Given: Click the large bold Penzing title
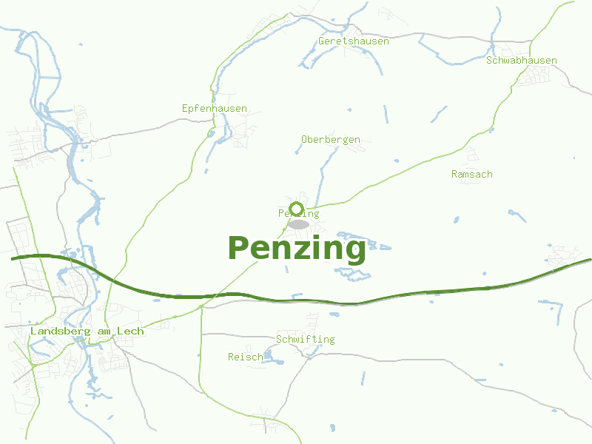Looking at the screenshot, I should (297, 248).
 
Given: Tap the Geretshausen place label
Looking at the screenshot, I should (354, 41).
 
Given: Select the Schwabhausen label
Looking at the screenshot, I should (522, 61).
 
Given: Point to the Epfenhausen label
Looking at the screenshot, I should (215, 109).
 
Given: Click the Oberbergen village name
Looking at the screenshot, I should (331, 139).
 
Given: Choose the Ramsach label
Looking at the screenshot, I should (471, 175).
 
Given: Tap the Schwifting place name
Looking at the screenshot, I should (305, 340).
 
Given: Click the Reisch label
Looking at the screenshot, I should (245, 357).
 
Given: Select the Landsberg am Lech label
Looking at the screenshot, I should (87, 332).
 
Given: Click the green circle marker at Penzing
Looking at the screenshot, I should (297, 208).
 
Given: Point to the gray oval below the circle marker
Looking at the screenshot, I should (298, 224).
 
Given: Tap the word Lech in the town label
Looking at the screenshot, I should (133, 332).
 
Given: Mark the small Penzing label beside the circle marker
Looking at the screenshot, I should (299, 214).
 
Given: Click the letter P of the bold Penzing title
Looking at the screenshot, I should (237, 248).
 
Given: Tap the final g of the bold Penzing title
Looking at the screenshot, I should (355, 250).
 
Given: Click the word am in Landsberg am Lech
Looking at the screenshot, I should (104, 332).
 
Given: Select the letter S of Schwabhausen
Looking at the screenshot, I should (490, 61).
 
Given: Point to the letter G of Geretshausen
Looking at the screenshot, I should (322, 41).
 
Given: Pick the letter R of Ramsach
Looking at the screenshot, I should (454, 175).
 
